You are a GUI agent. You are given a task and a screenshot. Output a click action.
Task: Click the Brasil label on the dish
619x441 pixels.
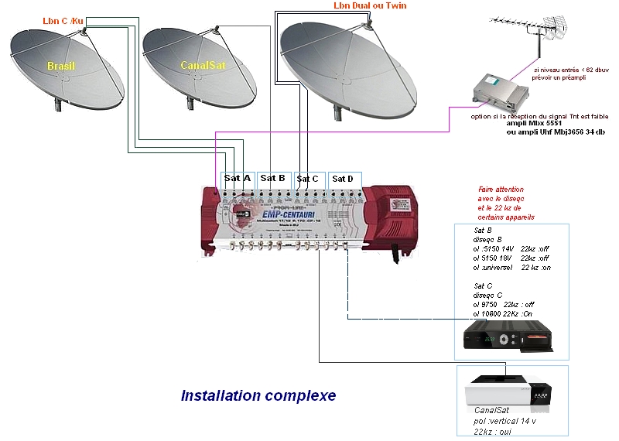60,66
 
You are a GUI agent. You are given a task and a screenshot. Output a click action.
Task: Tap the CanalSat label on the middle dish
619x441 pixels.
198,66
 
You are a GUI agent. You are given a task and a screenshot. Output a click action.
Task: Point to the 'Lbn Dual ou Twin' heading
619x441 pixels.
370,6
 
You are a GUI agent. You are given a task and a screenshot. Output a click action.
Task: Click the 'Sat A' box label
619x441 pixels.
238,178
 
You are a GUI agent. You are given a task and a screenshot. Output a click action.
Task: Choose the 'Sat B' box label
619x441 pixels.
273,178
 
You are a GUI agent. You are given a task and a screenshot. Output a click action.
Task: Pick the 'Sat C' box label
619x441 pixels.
308,179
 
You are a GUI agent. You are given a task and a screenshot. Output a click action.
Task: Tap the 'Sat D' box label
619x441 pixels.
343,179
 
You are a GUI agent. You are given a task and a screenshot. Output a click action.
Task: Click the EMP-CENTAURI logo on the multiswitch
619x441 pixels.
288,214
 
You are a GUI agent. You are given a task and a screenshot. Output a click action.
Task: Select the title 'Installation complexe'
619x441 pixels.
258,395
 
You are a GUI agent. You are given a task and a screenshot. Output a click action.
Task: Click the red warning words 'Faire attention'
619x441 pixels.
501,189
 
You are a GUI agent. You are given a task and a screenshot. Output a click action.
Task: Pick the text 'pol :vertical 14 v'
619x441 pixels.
505,420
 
